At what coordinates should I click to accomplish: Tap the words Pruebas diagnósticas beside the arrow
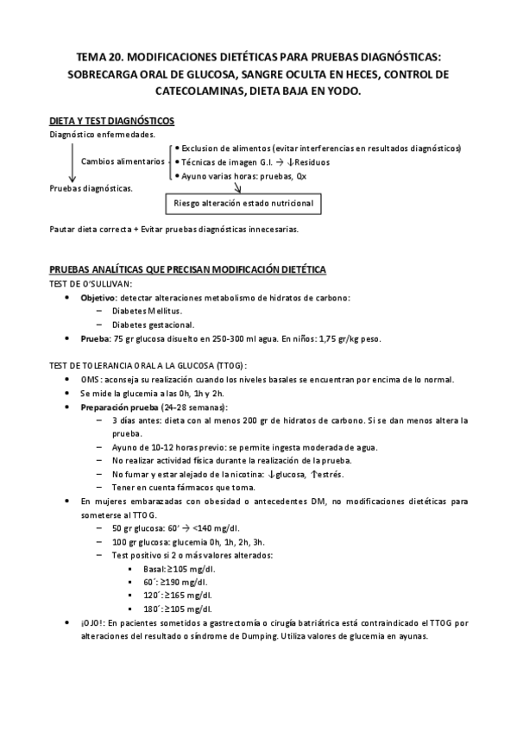(x=91, y=188)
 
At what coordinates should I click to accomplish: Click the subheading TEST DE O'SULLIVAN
(x=91, y=284)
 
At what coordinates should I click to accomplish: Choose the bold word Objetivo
(x=97, y=298)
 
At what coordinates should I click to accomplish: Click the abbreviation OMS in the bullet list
(x=91, y=379)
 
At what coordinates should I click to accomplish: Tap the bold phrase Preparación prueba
(x=120, y=407)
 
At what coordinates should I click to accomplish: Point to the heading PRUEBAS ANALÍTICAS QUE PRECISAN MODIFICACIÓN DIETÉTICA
(x=187, y=269)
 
